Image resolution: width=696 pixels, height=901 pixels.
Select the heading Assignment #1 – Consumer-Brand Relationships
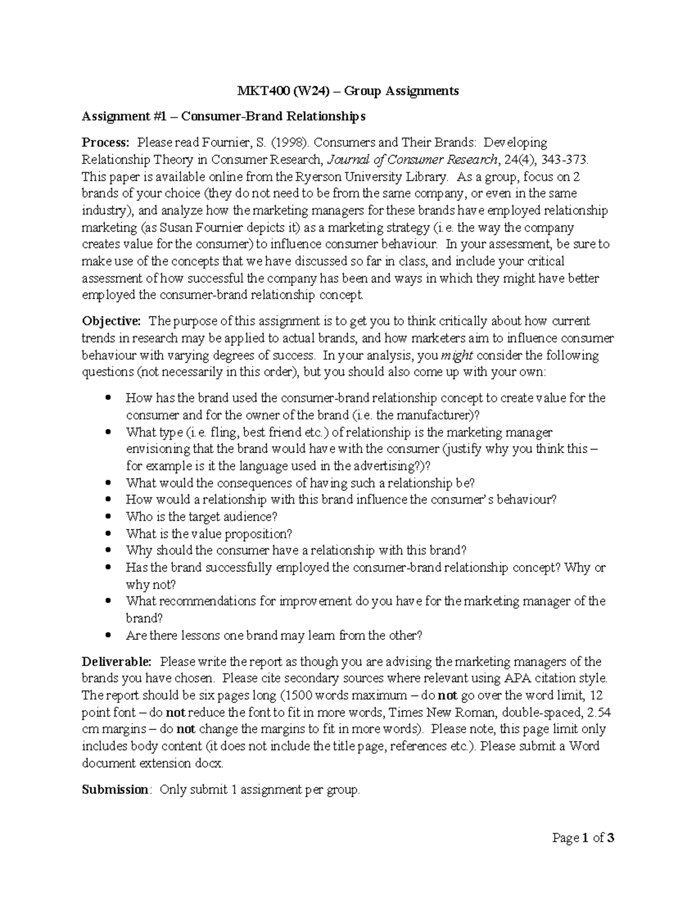pos(223,117)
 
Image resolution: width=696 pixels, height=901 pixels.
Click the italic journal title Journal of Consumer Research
pos(412,160)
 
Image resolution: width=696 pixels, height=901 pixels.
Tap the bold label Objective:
pos(111,321)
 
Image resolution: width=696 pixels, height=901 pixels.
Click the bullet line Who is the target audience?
pos(201,516)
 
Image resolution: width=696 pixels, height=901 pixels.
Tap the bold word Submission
pos(115,790)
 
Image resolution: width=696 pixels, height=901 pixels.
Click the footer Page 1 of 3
pos(583,838)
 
